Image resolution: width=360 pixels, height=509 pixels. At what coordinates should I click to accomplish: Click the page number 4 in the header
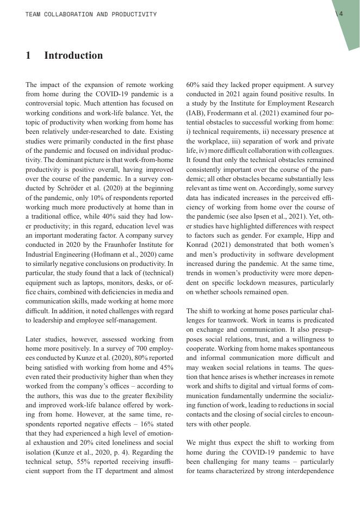341,14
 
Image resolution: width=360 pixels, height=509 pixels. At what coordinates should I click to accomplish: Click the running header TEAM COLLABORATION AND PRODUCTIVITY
91,14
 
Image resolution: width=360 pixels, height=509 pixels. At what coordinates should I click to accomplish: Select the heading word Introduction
73,55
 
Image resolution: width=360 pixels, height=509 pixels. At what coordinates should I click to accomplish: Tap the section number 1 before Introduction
28,55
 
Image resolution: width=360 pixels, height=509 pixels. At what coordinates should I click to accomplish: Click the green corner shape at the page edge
348,27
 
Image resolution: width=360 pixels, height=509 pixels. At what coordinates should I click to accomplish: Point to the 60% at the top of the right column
194,85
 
